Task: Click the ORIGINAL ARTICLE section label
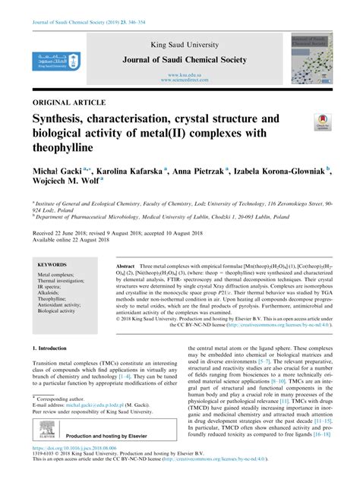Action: tap(65, 100)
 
